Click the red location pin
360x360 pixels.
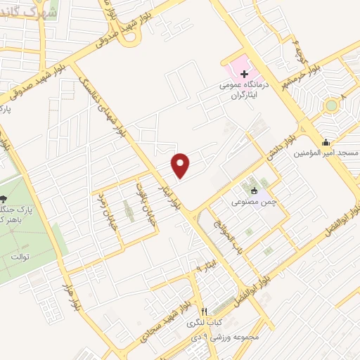click(181, 165)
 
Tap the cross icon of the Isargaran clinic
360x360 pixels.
click(243, 74)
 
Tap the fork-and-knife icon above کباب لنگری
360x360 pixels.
click(204, 311)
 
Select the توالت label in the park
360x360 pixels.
click(20, 257)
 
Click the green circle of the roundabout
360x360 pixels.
click(330, 106)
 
